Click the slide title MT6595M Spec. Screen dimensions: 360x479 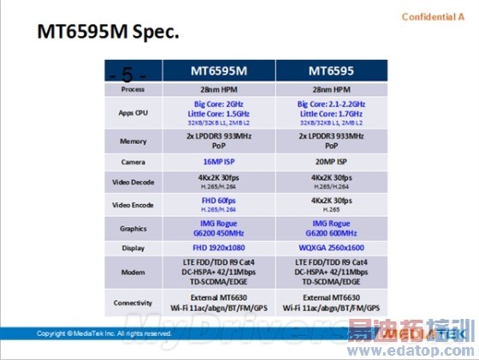click(108, 33)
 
